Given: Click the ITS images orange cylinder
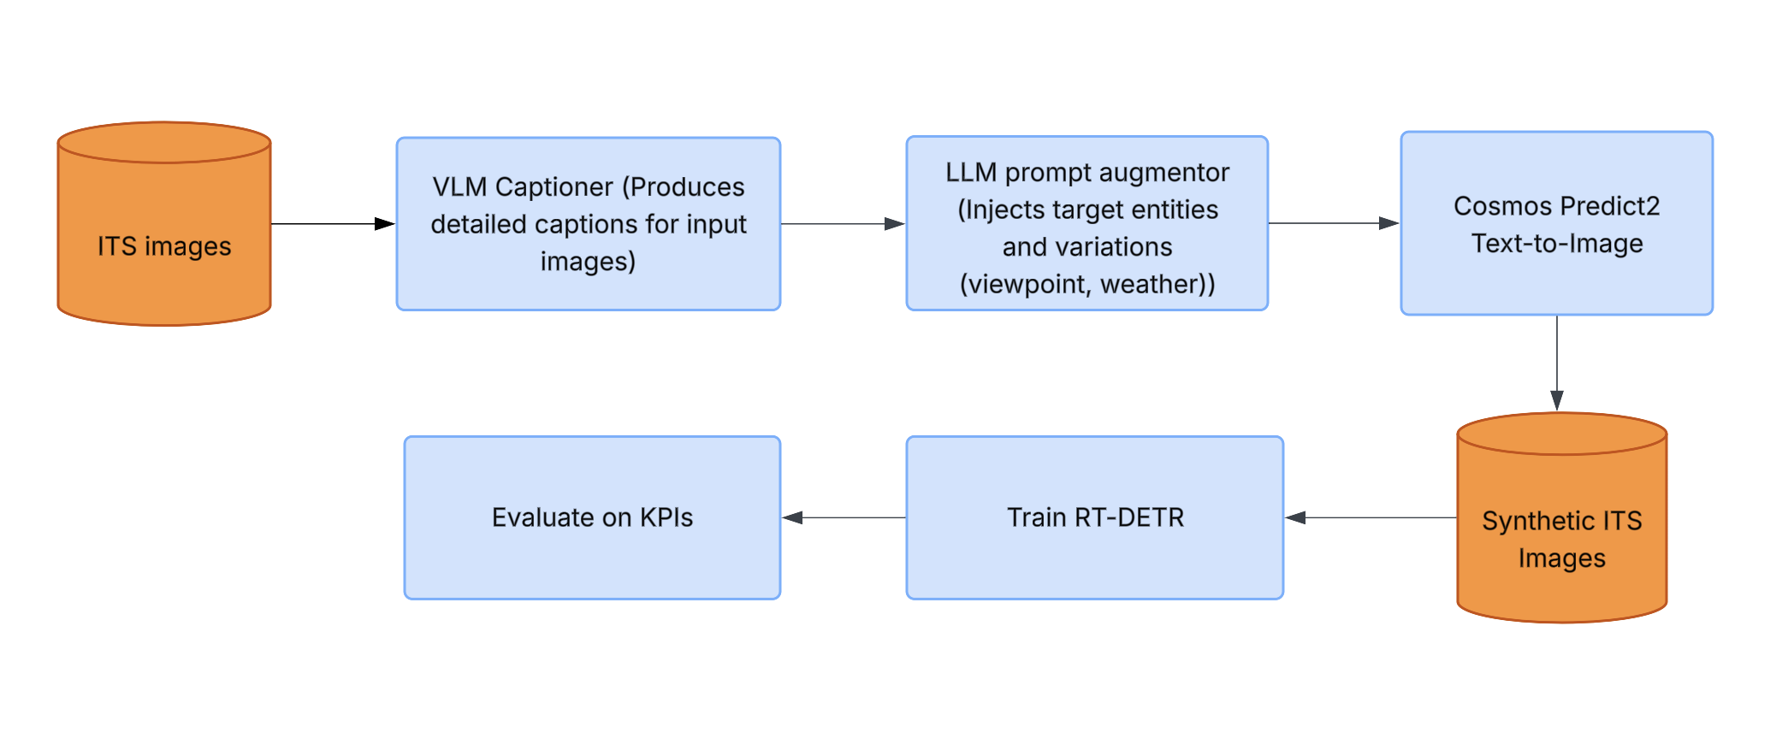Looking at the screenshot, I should [x=163, y=224].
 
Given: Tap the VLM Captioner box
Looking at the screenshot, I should [x=588, y=224].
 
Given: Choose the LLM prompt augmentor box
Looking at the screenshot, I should [x=1086, y=224].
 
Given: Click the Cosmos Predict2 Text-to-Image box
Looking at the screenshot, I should [x=1556, y=224].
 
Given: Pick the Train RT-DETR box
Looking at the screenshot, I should [x=1094, y=517].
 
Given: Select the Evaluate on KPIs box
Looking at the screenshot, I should [x=592, y=517].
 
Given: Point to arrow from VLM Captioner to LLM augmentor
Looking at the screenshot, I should [x=843, y=224].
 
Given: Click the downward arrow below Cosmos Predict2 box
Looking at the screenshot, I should [x=1557, y=363].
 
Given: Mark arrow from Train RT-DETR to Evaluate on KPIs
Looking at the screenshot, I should [x=844, y=517].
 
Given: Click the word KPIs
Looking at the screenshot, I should [x=666, y=517].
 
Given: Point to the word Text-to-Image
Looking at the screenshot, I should [x=1557, y=244].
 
